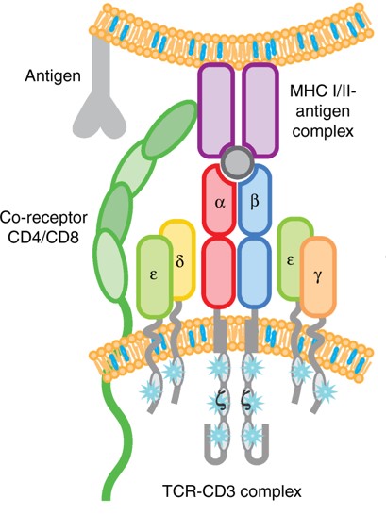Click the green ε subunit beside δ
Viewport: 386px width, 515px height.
(154, 270)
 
